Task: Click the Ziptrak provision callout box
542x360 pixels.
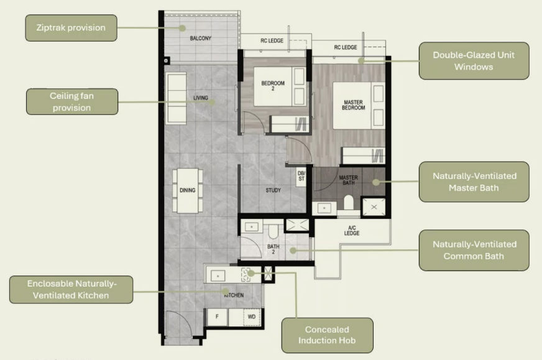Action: pyautogui.click(x=71, y=28)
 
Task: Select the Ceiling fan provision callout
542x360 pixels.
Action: pyautogui.click(x=72, y=101)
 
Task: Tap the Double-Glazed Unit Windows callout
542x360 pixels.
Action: pyautogui.click(x=474, y=60)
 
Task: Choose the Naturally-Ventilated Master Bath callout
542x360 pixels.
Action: pyautogui.click(x=474, y=182)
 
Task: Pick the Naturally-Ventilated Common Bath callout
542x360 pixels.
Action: pyautogui.click(x=474, y=250)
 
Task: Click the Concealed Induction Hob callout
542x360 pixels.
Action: pyautogui.click(x=327, y=335)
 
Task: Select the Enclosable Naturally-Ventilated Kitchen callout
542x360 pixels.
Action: pyautogui.click(x=71, y=289)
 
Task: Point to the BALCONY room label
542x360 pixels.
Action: pyautogui.click(x=201, y=39)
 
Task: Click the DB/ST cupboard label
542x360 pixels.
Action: pyautogui.click(x=301, y=176)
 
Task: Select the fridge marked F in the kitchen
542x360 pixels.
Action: pyautogui.click(x=217, y=316)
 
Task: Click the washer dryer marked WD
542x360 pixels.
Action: pyautogui.click(x=252, y=316)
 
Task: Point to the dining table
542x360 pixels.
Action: pyautogui.click(x=187, y=190)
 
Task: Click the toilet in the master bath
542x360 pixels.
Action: pyautogui.click(x=348, y=202)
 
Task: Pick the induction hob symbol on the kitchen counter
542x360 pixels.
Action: pyautogui.click(x=250, y=272)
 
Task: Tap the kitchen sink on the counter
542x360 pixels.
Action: pyautogui.click(x=218, y=274)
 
